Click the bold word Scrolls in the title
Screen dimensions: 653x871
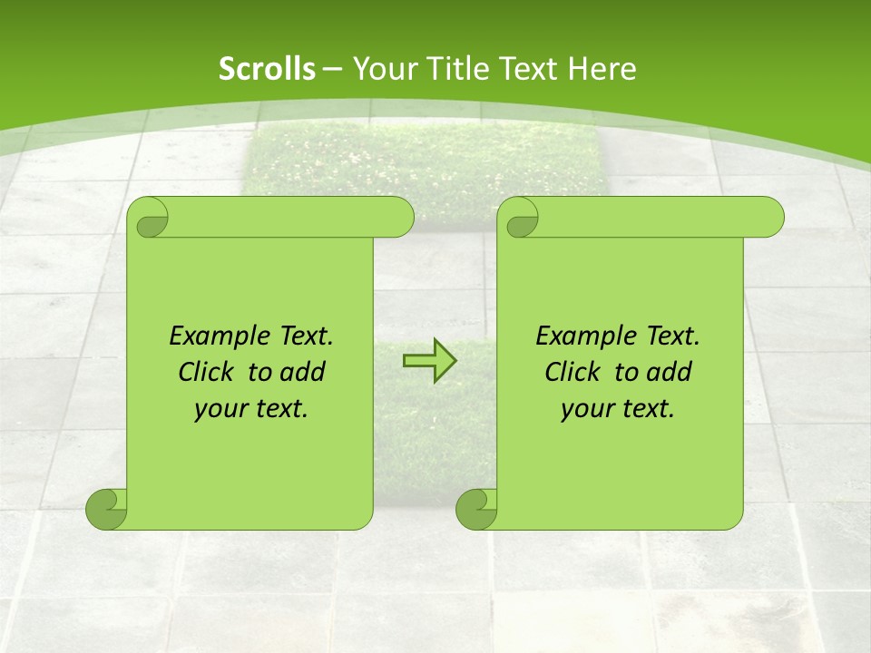[x=267, y=68]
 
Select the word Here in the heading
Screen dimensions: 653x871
[x=602, y=68]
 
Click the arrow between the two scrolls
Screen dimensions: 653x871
[x=429, y=361]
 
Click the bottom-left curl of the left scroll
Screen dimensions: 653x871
[x=106, y=509]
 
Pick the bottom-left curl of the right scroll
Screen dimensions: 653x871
[x=476, y=509]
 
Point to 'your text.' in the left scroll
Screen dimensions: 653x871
[x=251, y=409]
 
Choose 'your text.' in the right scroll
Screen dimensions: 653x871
[x=618, y=409]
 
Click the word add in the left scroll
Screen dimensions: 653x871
[x=303, y=372]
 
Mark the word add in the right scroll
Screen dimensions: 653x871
[x=670, y=372]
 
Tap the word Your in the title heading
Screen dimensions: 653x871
[x=382, y=68]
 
